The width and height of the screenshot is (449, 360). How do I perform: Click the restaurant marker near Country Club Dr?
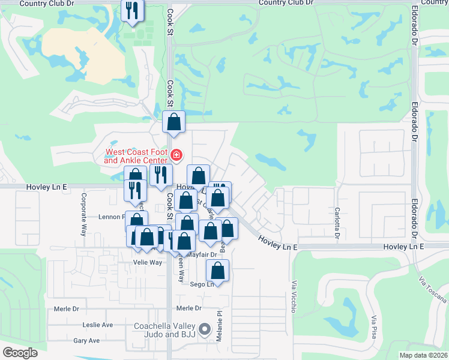tap(132, 10)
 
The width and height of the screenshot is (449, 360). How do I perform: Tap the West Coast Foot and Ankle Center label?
tap(136, 156)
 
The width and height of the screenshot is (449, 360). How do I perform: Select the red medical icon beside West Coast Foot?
tap(176, 156)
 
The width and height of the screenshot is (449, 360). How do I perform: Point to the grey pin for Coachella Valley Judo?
tap(205, 329)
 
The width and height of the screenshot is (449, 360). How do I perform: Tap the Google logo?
tap(20, 353)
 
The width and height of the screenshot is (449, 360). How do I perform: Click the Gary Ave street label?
tap(86, 340)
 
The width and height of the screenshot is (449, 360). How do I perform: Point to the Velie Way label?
tap(148, 263)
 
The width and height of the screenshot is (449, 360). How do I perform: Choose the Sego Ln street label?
tap(202, 284)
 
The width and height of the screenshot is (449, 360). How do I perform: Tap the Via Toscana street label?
tap(432, 290)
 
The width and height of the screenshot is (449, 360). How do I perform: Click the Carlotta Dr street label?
tap(337, 220)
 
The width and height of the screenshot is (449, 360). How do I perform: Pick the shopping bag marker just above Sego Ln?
tap(217, 270)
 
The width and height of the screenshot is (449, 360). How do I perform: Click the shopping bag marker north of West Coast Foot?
tap(173, 122)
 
